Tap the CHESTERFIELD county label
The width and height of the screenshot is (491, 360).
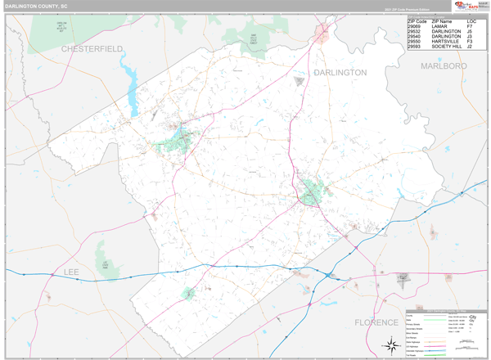(x=92, y=49)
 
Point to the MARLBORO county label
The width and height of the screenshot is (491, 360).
(x=444, y=65)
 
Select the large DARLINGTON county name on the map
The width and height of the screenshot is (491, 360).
(x=340, y=73)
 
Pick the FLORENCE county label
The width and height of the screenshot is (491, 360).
(x=376, y=322)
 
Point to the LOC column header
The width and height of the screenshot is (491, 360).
(x=471, y=21)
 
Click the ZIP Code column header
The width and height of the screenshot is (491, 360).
(x=417, y=21)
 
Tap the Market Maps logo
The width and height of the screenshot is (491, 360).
(x=466, y=7)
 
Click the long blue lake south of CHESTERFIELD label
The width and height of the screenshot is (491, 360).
(x=127, y=78)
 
